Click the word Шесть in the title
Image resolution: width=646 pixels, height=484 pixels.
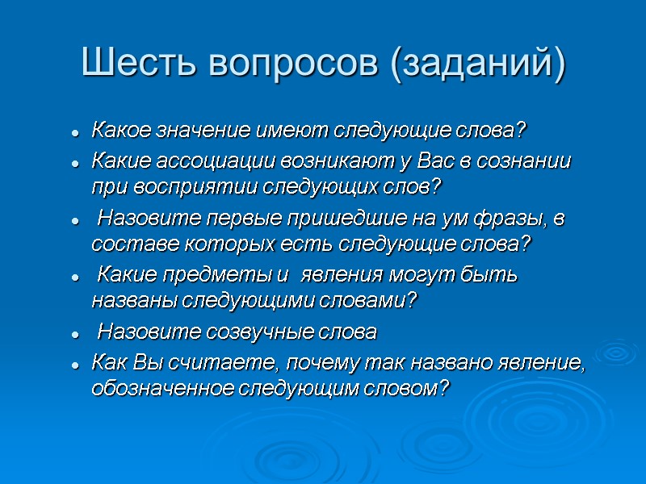pyautogui.click(x=136, y=63)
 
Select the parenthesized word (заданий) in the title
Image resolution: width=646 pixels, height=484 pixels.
pyautogui.click(x=478, y=63)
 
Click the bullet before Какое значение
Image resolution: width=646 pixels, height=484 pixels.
pyautogui.click(x=74, y=131)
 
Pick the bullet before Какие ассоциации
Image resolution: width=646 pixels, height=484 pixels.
pyautogui.click(x=74, y=162)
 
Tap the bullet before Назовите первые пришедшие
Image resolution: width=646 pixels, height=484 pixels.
pyautogui.click(x=74, y=219)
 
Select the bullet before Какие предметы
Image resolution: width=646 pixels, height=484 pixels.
pyautogui.click(x=74, y=277)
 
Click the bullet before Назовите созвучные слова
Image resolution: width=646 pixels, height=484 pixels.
pyautogui.click(x=74, y=333)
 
